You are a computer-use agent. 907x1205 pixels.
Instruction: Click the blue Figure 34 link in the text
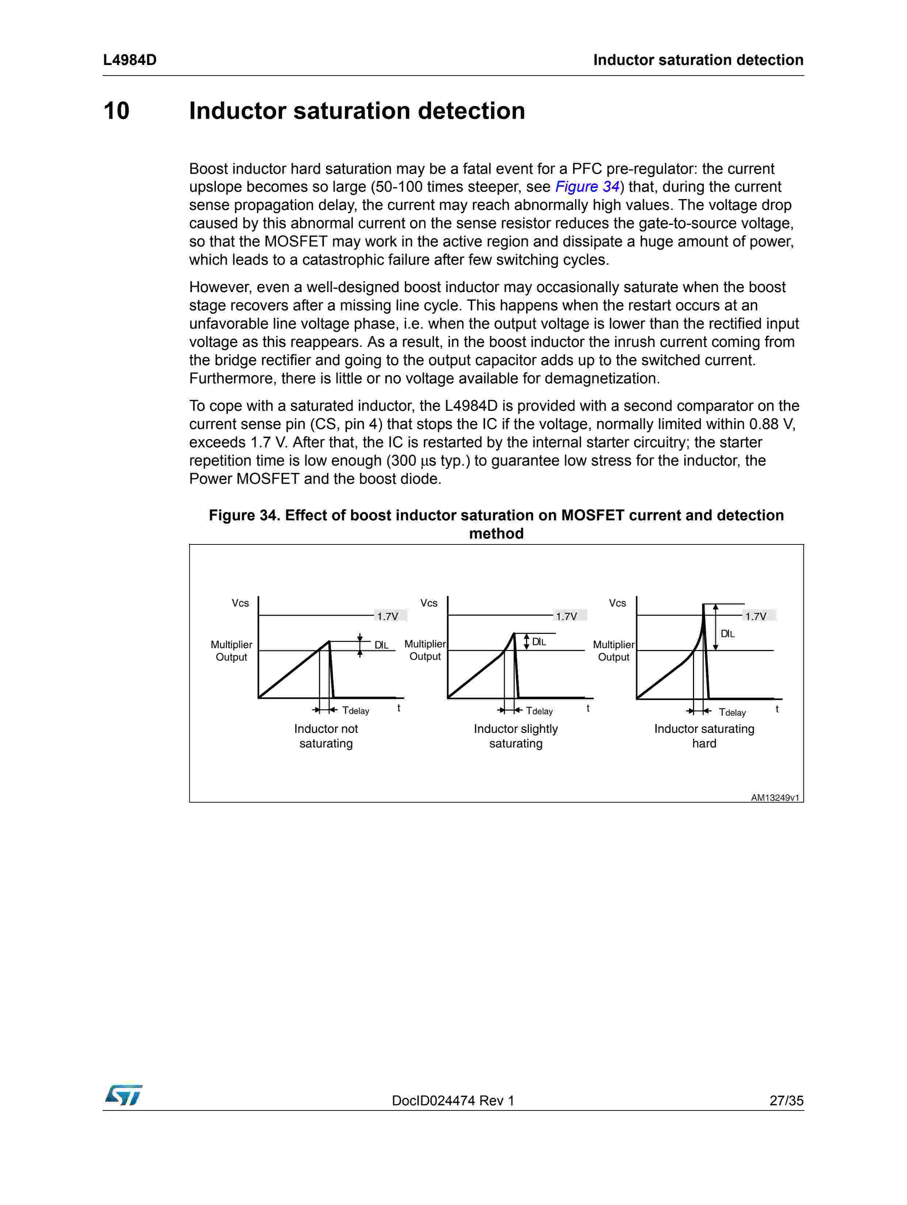click(587, 187)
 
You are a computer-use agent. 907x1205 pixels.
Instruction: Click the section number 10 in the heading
click(116, 111)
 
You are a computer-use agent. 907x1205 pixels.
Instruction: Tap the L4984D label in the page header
click(130, 60)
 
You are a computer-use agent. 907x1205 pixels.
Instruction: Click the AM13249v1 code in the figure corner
click(774, 797)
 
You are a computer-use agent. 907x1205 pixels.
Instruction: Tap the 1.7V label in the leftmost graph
click(388, 616)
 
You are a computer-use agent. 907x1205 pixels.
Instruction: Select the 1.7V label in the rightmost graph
click(756, 616)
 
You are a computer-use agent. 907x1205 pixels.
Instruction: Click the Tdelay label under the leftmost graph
click(355, 710)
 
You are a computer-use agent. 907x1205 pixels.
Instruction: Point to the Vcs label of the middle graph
click(429, 603)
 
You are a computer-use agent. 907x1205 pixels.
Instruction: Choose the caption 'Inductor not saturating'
click(326, 736)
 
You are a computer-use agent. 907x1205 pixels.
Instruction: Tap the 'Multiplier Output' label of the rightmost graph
click(614, 650)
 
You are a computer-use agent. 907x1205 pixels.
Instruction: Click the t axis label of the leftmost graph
click(399, 708)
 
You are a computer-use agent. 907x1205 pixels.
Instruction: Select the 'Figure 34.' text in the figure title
click(244, 515)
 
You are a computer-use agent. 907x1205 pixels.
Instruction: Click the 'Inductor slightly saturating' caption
click(516, 736)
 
